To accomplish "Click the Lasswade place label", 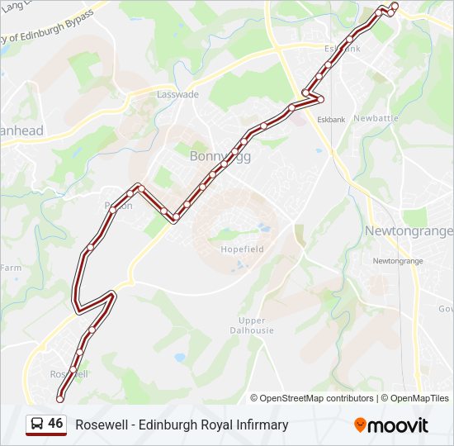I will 177,94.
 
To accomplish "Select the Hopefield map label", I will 239,248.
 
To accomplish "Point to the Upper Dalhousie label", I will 251,325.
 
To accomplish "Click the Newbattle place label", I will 376,118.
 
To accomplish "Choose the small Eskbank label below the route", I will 331,120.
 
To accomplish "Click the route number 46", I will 55,424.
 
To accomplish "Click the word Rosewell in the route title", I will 100,425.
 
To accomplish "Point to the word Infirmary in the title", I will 261,425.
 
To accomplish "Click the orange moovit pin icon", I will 360,425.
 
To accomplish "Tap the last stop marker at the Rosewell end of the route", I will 59,399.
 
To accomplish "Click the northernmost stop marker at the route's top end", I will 394,7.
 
